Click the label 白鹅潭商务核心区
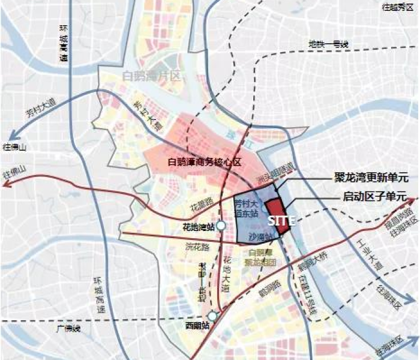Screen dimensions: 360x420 coord(205,162)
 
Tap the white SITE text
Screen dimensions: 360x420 coord(281,220)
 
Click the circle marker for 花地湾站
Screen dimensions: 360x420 coord(221,226)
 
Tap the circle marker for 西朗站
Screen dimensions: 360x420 coord(212,316)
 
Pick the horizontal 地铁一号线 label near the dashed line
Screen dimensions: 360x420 coord(328,44)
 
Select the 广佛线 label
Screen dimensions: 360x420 coord(65,329)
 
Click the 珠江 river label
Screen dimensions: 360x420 coord(233,136)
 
